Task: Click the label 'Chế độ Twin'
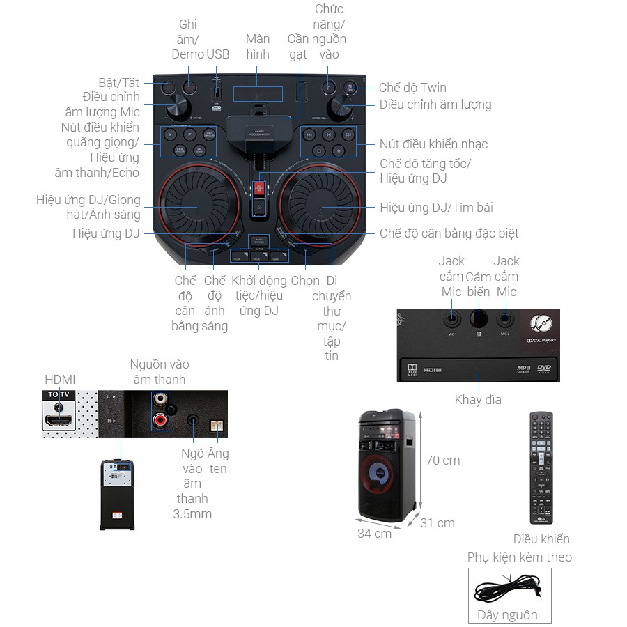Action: [412, 88]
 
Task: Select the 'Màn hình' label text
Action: [258, 46]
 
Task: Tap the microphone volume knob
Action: [179, 108]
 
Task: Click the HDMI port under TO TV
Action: [59, 421]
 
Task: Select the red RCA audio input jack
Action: [161, 420]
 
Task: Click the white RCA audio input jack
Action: [161, 400]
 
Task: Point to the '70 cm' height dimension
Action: [442, 460]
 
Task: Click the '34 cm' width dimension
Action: [375, 534]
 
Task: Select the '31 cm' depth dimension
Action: [437, 523]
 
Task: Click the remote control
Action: [541, 467]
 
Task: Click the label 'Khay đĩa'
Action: [478, 400]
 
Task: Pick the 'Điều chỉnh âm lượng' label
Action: [435, 104]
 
